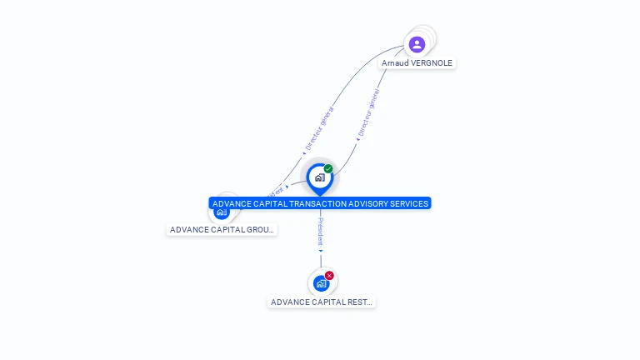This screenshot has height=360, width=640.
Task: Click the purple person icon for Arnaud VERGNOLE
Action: pyautogui.click(x=417, y=44)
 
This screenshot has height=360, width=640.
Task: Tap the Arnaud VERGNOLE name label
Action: pyautogui.click(x=417, y=63)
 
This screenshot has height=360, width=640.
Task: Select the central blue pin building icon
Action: pyautogui.click(x=319, y=177)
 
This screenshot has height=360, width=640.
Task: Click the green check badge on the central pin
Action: pyautogui.click(x=328, y=169)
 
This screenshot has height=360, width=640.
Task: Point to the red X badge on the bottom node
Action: pyautogui.click(x=329, y=275)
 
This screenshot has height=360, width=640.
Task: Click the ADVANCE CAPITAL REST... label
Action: pyautogui.click(x=322, y=302)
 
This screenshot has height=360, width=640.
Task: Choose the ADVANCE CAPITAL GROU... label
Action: pyautogui.click(x=222, y=230)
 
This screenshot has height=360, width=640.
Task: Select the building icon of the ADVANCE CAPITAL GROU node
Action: pyautogui.click(x=221, y=212)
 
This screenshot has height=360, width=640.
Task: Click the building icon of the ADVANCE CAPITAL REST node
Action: pyautogui.click(x=321, y=284)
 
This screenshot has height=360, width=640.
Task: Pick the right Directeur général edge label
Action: pyautogui.click(x=368, y=112)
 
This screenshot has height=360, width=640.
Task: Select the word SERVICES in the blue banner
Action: pyautogui.click(x=408, y=203)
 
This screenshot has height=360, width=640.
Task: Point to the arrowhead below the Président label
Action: pyautogui.click(x=321, y=250)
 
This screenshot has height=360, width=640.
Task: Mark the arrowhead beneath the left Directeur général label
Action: pyautogui.click(x=304, y=153)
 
